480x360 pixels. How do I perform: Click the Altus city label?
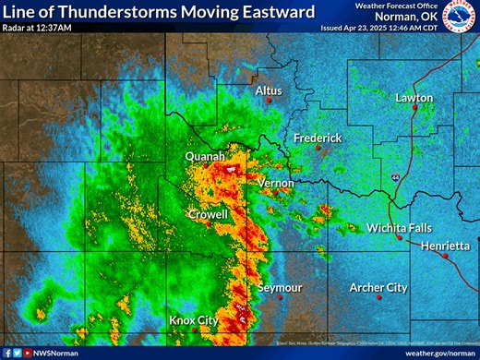[269, 90]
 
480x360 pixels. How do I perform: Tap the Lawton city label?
[414, 97]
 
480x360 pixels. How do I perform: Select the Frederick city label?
[318, 138]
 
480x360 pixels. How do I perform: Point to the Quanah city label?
[205, 158]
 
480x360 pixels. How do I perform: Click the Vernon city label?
[276, 183]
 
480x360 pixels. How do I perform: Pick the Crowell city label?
[208, 214]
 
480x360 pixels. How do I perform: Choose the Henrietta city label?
[445, 246]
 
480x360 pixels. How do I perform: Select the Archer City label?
[378, 288]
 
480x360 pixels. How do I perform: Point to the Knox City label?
[194, 320]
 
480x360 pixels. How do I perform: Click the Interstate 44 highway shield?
[394, 174]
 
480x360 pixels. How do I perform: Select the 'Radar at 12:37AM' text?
[37, 28]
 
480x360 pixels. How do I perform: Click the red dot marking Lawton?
[415, 108]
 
